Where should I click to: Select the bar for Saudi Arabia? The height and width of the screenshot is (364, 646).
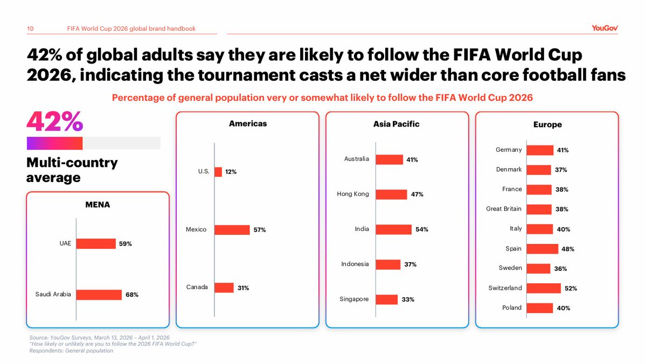(x=99, y=295)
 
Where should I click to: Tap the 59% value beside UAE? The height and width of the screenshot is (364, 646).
(x=125, y=244)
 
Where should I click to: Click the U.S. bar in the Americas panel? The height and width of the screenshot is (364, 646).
(x=218, y=172)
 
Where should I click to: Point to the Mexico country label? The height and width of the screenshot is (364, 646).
(x=196, y=230)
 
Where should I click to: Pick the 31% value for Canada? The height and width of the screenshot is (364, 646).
(x=243, y=288)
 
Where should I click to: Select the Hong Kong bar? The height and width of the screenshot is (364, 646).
(x=391, y=194)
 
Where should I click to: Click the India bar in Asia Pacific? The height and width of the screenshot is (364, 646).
(x=393, y=229)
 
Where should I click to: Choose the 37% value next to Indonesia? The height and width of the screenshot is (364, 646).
(x=411, y=264)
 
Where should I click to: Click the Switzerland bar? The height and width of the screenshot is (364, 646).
(x=543, y=288)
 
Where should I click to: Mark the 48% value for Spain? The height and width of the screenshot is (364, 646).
(x=567, y=249)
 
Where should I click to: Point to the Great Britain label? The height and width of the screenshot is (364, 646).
(x=504, y=209)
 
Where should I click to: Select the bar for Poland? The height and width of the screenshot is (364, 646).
(x=539, y=308)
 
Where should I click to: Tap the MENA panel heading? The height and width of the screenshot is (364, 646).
(x=98, y=205)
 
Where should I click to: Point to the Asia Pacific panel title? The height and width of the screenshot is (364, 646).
(x=396, y=124)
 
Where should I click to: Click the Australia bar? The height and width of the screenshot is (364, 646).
(x=389, y=159)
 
